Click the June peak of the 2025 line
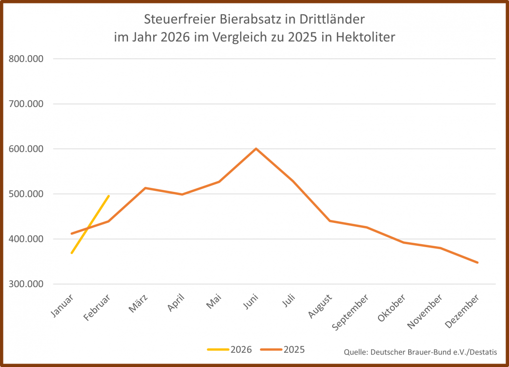pos(256,148)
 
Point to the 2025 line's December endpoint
pos(477,262)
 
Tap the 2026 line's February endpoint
pos(109,196)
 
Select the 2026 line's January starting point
pos(72,253)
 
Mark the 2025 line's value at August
pos(330,221)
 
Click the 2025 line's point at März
pos(145,188)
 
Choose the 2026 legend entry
pos(230,350)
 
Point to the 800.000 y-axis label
pos(27,59)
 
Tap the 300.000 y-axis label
pos(27,284)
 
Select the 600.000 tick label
pos(27,149)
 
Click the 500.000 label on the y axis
pos(27,194)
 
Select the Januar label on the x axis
pos(62,306)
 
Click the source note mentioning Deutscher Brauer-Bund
pos(421,351)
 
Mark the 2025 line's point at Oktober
pos(404,242)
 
